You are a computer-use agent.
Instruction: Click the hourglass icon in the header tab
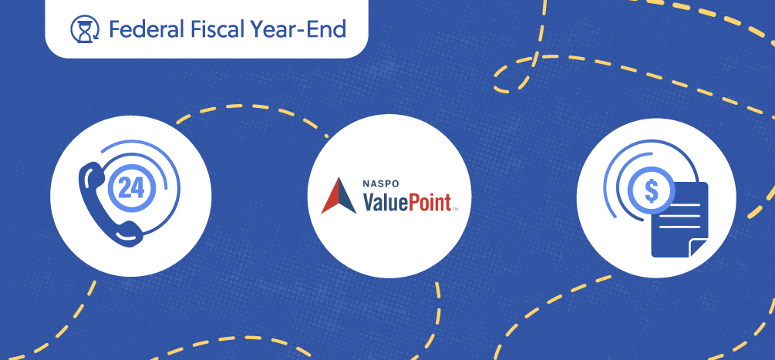point(83,30)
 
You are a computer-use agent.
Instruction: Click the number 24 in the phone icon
point(131,188)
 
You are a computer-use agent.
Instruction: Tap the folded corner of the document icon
point(699,247)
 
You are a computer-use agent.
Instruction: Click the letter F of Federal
point(114,30)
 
